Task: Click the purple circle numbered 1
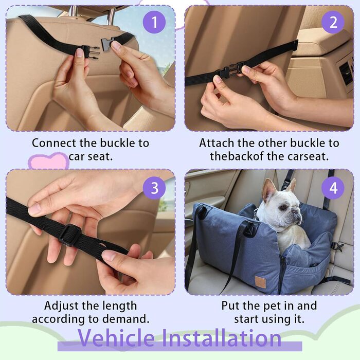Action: coord(154,22)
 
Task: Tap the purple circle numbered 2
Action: coord(333,22)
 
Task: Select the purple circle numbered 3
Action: coord(154,188)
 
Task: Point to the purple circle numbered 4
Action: coord(333,188)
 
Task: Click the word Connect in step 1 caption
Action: coord(54,143)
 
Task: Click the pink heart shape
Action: coord(49,160)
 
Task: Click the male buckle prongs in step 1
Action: coord(90,53)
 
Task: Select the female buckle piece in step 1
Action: coord(107,45)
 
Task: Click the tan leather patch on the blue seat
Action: coord(261,282)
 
